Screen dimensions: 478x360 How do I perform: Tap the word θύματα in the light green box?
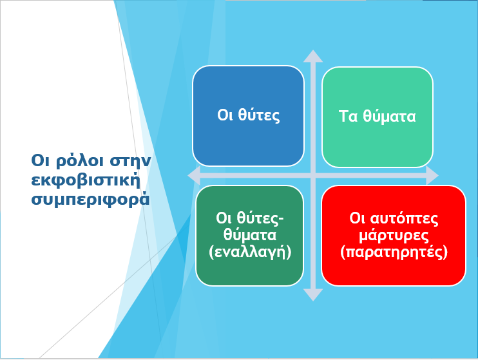(389, 117)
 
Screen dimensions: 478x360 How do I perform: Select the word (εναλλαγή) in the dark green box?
(250, 252)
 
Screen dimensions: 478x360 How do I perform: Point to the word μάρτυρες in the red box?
(394, 236)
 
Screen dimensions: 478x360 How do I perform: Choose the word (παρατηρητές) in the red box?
(394, 252)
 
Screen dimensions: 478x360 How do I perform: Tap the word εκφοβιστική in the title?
(86, 180)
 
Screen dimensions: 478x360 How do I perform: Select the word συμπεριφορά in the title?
(91, 200)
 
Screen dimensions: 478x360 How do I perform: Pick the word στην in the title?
(131, 160)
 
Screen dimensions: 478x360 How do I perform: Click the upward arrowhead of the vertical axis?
(313, 57)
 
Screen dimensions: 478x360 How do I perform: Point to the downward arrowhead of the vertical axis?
(313, 295)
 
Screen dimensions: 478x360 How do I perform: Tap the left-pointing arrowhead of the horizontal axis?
(194, 175)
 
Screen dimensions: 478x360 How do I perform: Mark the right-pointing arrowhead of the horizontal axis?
(432, 175)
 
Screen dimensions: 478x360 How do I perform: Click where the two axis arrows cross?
(313, 175)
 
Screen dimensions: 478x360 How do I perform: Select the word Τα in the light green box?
(348, 117)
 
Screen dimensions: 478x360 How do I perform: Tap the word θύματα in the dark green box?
(250, 235)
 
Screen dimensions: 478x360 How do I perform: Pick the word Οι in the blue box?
(225, 115)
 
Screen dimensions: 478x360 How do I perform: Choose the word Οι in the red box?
(357, 218)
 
